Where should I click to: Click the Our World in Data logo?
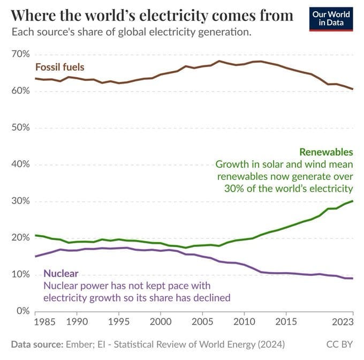[332, 18]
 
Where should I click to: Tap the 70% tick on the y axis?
[19, 55]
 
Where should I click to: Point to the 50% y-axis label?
[19, 128]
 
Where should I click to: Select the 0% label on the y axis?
[22, 311]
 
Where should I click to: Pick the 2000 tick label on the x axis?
[160, 323]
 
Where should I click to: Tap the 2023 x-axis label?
[342, 323]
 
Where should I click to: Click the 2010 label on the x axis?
[244, 323]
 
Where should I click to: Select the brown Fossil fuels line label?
[60, 67]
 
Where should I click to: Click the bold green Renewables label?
[326, 152]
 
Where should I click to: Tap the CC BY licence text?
[339, 343]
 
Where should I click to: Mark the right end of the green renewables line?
[353, 201]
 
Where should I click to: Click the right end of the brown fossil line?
[353, 89]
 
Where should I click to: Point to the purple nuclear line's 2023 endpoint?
[353, 279]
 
